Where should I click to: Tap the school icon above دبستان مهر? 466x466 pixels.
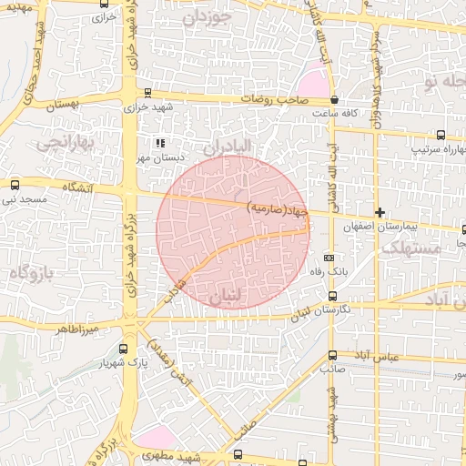tap(160, 143)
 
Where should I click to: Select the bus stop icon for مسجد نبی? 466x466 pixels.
tap(14, 183)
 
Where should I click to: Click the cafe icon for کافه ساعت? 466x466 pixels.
tap(335, 99)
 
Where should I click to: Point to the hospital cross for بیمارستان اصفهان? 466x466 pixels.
tap(380, 212)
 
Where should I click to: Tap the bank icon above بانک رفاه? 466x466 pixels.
tap(329, 258)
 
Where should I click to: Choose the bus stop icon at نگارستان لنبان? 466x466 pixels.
tap(331, 296)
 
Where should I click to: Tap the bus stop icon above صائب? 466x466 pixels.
tap(331, 355)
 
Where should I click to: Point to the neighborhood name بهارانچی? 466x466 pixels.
tap(63, 143)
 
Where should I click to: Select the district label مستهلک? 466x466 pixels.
tap(410, 248)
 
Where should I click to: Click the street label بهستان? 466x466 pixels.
tap(61, 106)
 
